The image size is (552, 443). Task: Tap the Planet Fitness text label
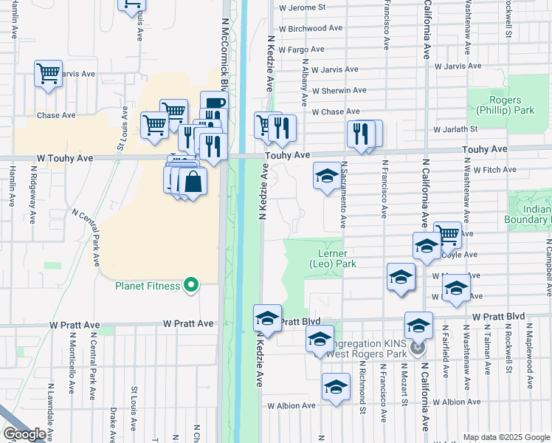148,286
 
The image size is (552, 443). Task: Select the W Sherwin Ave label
339,91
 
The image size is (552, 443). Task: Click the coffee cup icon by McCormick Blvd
213,104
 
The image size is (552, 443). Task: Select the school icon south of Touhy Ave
327,176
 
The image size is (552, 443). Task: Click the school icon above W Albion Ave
336,387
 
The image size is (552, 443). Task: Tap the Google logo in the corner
24,434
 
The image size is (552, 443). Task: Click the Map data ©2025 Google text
506,437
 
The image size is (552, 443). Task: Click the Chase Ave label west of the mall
56,116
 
